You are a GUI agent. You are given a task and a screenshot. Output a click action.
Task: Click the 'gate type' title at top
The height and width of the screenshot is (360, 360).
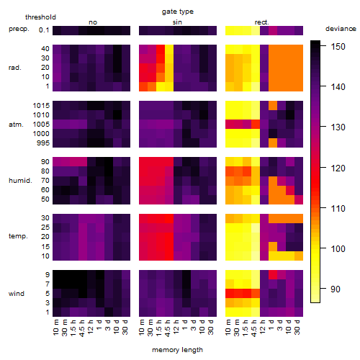point(178,12)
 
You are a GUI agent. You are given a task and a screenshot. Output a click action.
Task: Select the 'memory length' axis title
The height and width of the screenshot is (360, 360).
point(177,350)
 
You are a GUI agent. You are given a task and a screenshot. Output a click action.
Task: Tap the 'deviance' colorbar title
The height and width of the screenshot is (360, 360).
point(341,29)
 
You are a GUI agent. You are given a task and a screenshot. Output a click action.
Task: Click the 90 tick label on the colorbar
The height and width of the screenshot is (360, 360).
point(336,289)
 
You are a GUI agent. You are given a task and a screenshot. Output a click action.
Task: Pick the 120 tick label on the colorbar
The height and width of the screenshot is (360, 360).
point(338,168)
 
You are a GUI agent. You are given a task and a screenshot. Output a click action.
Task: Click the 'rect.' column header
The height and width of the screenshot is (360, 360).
point(262,22)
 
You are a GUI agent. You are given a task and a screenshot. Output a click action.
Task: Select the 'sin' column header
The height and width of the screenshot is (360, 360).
point(177,22)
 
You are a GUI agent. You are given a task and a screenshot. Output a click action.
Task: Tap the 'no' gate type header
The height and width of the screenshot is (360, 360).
point(93,22)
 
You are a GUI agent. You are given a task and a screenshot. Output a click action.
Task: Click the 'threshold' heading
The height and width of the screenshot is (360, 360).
point(40,17)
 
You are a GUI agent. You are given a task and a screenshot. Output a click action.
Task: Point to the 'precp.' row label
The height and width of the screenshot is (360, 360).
point(19,29)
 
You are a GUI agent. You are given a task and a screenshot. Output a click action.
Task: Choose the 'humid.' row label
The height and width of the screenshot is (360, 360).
point(20,181)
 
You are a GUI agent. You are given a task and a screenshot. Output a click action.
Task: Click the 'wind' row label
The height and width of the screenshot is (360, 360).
point(17,294)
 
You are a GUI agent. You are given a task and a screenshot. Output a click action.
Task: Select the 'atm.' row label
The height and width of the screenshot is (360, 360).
point(16,125)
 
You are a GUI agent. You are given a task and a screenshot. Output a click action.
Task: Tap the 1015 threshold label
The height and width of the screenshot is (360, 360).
point(41,106)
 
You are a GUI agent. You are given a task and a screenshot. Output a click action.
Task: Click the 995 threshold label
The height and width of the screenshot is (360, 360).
point(43,143)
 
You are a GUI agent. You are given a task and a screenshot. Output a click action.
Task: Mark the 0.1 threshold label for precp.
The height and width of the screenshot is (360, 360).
point(44,30)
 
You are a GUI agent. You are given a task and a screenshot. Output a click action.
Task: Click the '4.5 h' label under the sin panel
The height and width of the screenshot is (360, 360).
point(168,328)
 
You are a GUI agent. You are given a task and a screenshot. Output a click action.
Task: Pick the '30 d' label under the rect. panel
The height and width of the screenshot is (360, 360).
point(297,327)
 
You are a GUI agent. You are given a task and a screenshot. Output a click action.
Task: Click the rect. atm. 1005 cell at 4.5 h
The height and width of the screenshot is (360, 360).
point(256,124)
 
